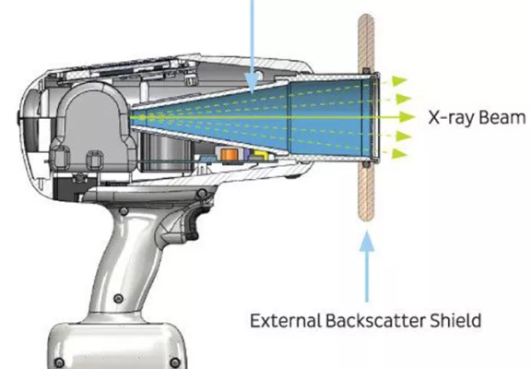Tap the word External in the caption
pos(286,320)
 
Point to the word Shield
pos(455,320)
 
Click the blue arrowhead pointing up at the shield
pos(367,241)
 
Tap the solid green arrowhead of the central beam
pos(407,117)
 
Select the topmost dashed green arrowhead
pos(399,81)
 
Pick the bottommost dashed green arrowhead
pos(399,154)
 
